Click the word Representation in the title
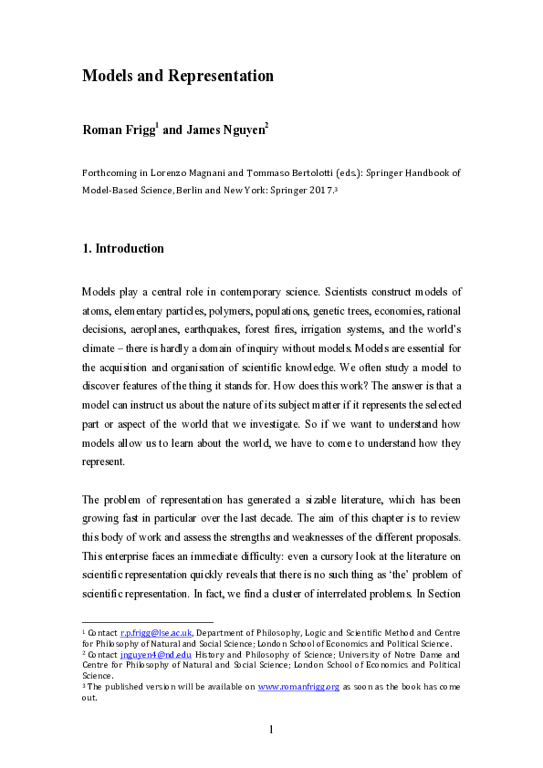click(x=221, y=76)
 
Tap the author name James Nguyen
click(x=225, y=130)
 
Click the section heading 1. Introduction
click(x=123, y=248)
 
